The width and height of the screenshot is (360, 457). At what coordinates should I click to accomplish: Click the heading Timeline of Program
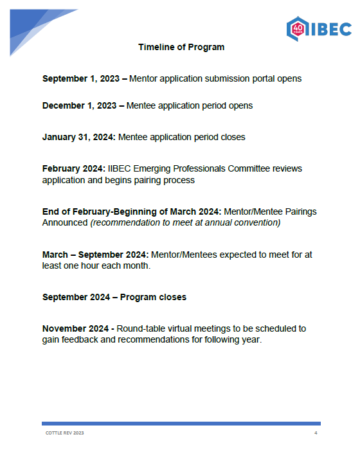pos(181,47)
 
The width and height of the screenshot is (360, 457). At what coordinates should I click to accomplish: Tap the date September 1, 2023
pos(81,78)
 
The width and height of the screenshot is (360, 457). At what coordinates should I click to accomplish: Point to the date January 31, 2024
pos(78,137)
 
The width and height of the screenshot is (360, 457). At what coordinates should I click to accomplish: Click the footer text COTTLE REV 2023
pos(64,433)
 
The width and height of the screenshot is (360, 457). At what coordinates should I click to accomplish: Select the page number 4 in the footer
pos(316,433)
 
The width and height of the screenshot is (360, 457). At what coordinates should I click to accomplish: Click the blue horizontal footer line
pos(181,423)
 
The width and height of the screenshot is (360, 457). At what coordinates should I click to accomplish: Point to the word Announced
pos(65,222)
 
